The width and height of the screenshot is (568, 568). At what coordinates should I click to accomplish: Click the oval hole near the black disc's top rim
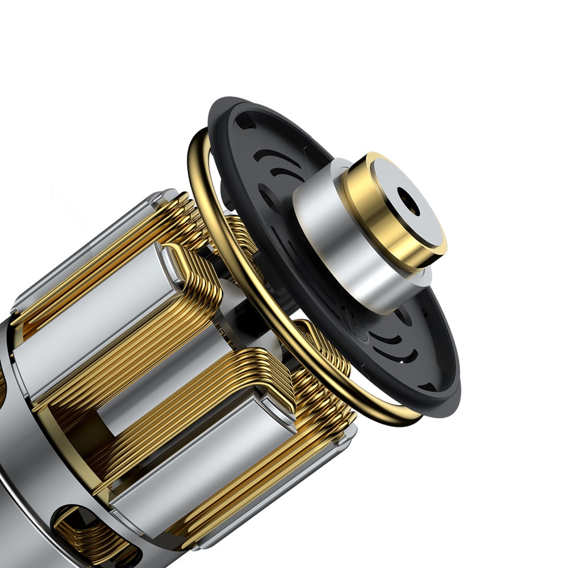point(245,121)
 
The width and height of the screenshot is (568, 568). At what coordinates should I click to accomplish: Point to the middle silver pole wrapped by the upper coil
point(97,341)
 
